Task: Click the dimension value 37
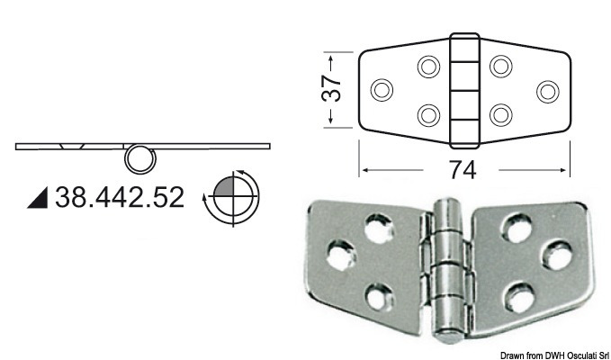[x=332, y=89]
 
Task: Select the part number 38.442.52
[x=120, y=196]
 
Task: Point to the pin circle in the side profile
[x=139, y=159]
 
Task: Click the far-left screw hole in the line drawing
[x=382, y=90]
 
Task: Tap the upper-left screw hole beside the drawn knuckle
[x=429, y=66]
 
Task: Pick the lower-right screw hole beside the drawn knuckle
[x=500, y=114]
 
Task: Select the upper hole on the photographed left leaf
[x=376, y=225]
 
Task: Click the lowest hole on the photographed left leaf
[x=381, y=293]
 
